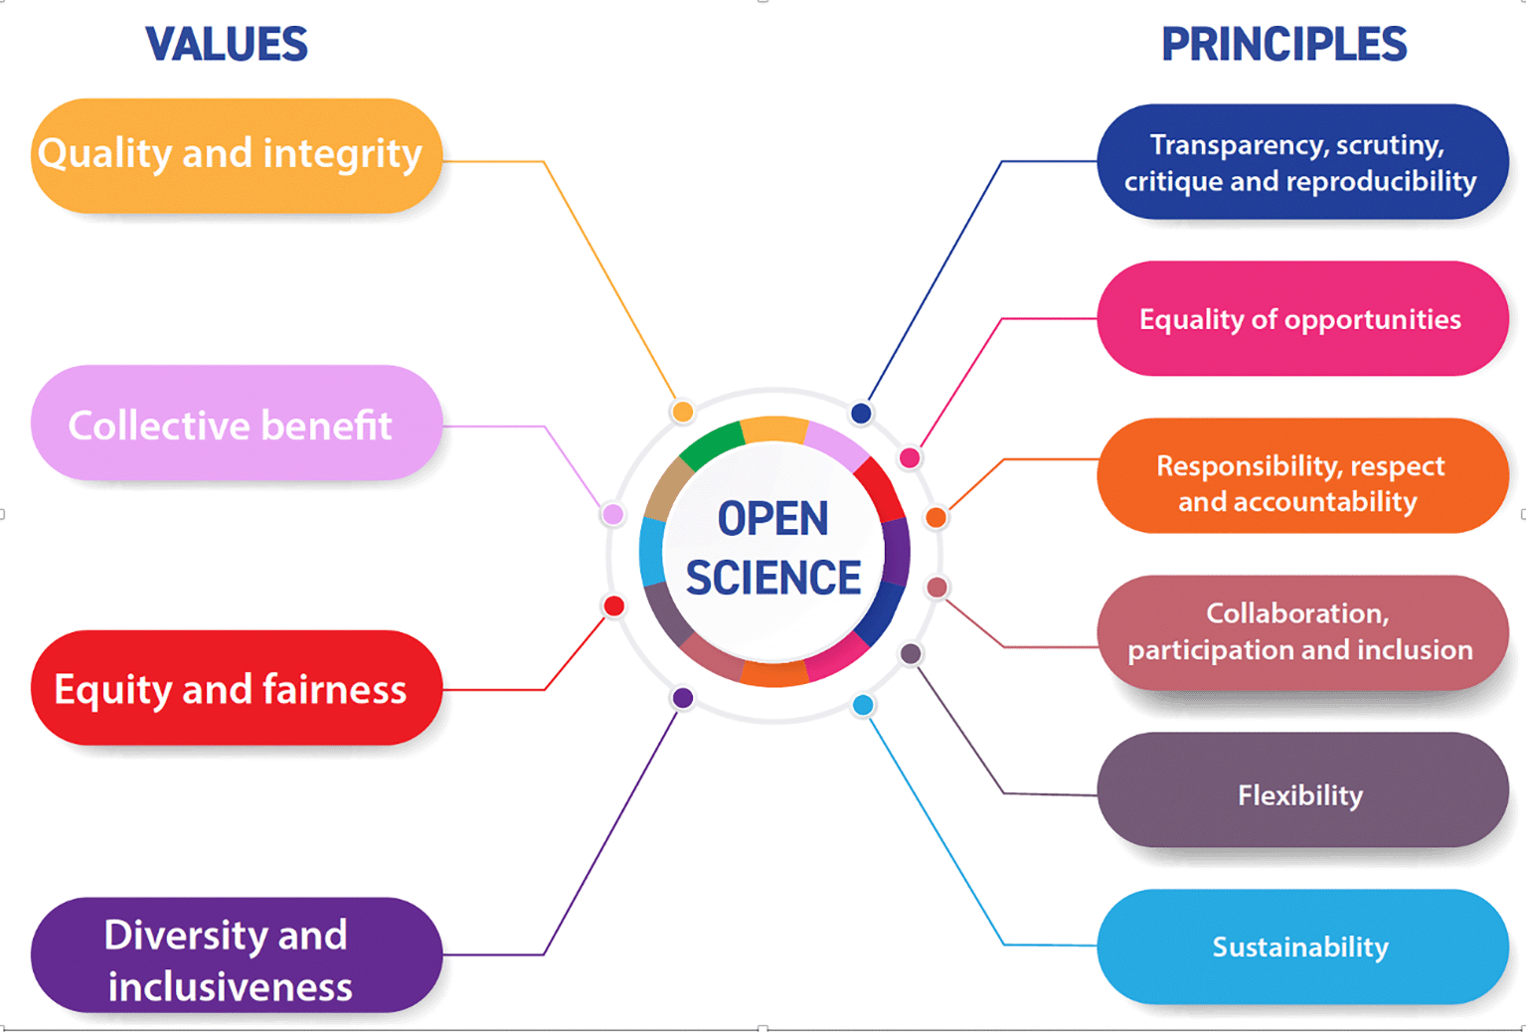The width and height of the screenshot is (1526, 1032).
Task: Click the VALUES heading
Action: (227, 45)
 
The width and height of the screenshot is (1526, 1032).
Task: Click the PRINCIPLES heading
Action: (1284, 45)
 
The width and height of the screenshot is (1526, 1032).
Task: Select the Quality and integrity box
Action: (237, 156)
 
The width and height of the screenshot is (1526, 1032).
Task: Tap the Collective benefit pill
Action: (237, 423)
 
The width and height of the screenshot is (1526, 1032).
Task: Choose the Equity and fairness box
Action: (237, 687)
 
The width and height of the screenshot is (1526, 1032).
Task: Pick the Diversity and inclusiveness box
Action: (237, 954)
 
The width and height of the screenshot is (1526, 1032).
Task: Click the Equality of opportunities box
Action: (1302, 318)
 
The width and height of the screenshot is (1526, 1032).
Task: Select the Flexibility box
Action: (1302, 790)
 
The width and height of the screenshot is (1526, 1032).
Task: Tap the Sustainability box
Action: (1302, 946)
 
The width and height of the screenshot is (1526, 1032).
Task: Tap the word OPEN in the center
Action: (773, 518)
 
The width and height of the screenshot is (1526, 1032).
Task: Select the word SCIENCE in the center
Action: (773, 578)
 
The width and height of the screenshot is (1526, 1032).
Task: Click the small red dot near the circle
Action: (613, 605)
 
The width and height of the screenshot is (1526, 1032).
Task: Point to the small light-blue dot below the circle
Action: (863, 705)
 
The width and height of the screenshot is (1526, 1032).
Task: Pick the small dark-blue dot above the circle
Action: (861, 413)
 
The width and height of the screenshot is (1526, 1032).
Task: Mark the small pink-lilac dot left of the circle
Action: (613, 514)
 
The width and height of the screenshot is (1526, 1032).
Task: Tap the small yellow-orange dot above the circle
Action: (683, 412)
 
